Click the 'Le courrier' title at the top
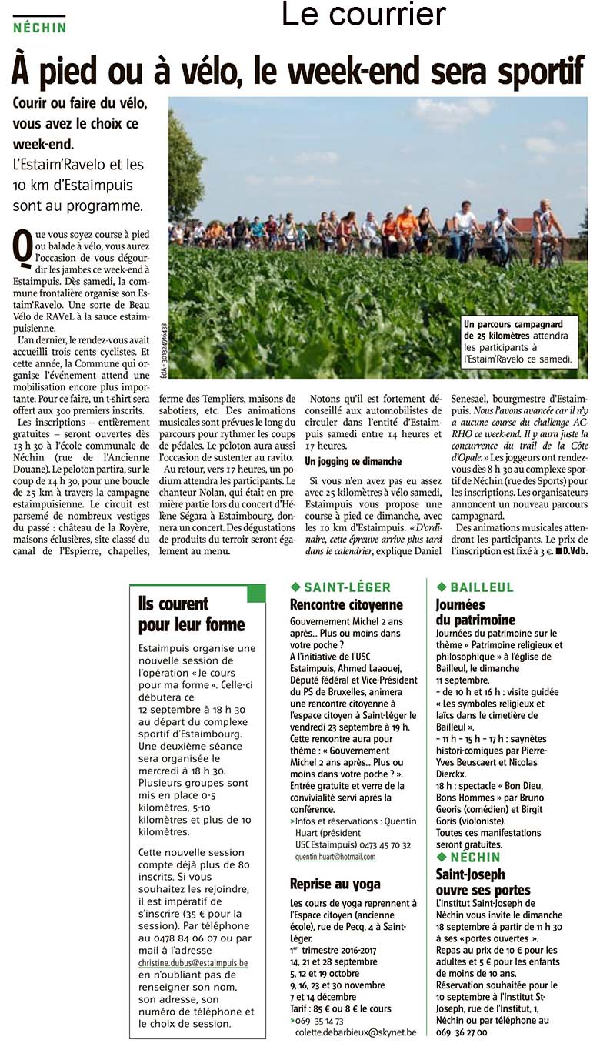[363, 14]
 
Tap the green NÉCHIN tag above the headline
[40, 27]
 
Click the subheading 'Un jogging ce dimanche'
[353, 461]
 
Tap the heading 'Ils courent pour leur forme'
[191, 614]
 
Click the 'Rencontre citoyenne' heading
[346, 605]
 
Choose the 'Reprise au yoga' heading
[335, 884]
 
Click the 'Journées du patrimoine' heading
[475, 612]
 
